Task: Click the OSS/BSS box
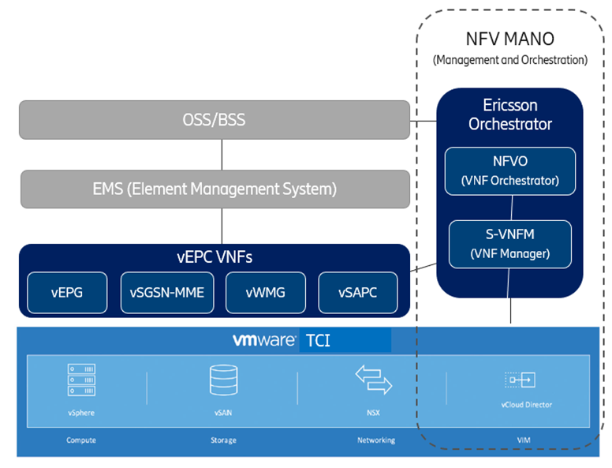214,121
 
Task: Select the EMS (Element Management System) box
214,189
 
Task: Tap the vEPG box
68,292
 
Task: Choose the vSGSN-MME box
166,292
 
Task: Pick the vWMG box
265,292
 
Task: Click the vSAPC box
357,292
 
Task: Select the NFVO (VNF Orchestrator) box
509,170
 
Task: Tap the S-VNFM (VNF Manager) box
509,244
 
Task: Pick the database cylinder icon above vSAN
221,380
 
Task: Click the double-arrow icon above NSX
373,380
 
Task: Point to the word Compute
81,440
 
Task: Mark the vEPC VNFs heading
214,256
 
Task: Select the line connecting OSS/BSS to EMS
222,155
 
